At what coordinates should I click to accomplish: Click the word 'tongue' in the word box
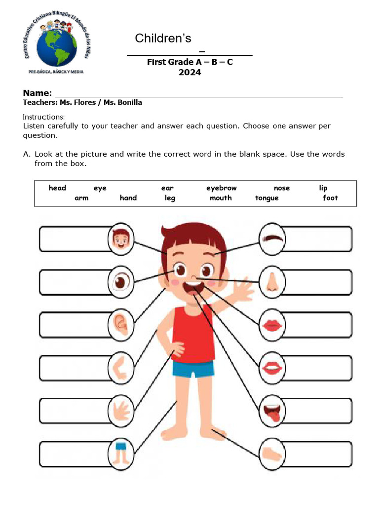[x=266, y=198]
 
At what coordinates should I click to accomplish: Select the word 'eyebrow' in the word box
[x=221, y=188]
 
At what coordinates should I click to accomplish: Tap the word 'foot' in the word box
[x=330, y=198]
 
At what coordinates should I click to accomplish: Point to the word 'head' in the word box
[x=57, y=188]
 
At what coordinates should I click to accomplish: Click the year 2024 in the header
[x=189, y=72]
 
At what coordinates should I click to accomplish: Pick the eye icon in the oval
[x=120, y=282]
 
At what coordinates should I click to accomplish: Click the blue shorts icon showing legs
[x=120, y=451]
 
